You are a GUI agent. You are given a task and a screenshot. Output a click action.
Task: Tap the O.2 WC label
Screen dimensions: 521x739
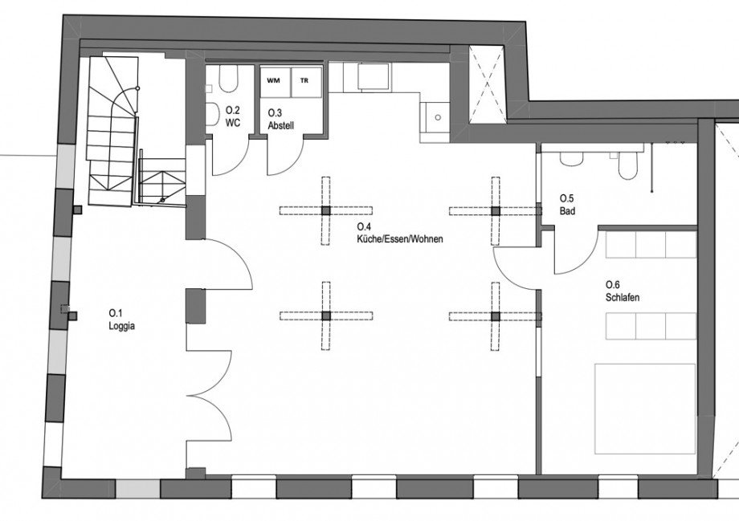233,116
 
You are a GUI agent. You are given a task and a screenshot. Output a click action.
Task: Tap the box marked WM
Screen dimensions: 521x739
274,81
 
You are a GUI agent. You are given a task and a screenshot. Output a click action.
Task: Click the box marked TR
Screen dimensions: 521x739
304,81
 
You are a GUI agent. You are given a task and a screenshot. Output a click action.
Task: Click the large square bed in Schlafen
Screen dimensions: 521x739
645,407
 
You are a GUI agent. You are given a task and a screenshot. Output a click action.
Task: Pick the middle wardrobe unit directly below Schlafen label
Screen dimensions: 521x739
651,326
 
